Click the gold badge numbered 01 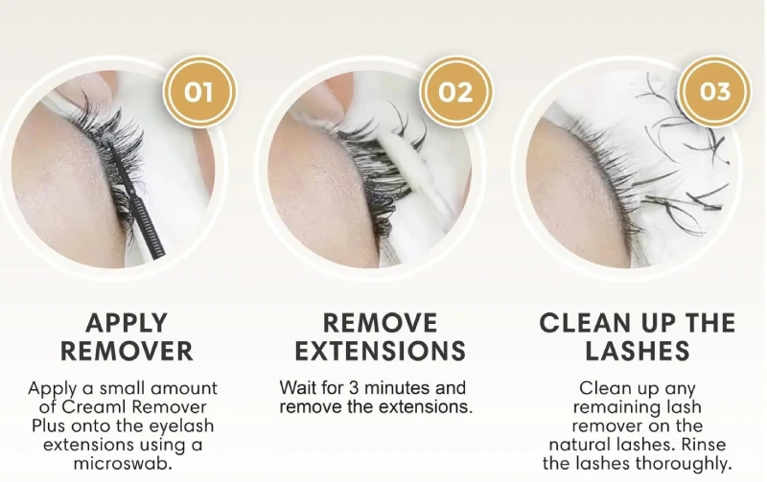click(198, 92)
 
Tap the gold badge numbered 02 click(456, 92)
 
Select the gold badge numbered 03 click(714, 92)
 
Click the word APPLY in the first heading click(127, 323)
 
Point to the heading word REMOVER click(127, 351)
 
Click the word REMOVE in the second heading click(381, 323)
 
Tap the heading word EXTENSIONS click(381, 351)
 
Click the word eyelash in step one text click(183, 425)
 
